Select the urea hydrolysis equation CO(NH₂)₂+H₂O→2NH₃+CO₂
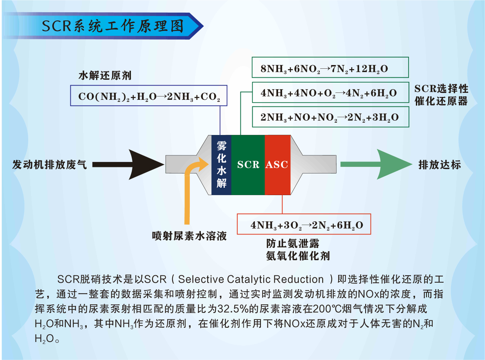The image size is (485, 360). tap(149, 97)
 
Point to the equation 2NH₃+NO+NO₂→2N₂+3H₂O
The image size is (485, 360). tap(330, 118)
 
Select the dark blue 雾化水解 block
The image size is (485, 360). tap(221, 164)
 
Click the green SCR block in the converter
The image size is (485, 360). tap(248, 164)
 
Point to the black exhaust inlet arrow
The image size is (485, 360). tap(131, 164)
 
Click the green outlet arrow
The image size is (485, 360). tap(375, 164)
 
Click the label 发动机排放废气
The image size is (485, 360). tap(49, 165)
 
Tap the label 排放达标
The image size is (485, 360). tap(440, 165)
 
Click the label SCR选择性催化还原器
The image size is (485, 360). tap(441, 95)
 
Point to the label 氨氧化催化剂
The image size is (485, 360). tap(298, 256)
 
